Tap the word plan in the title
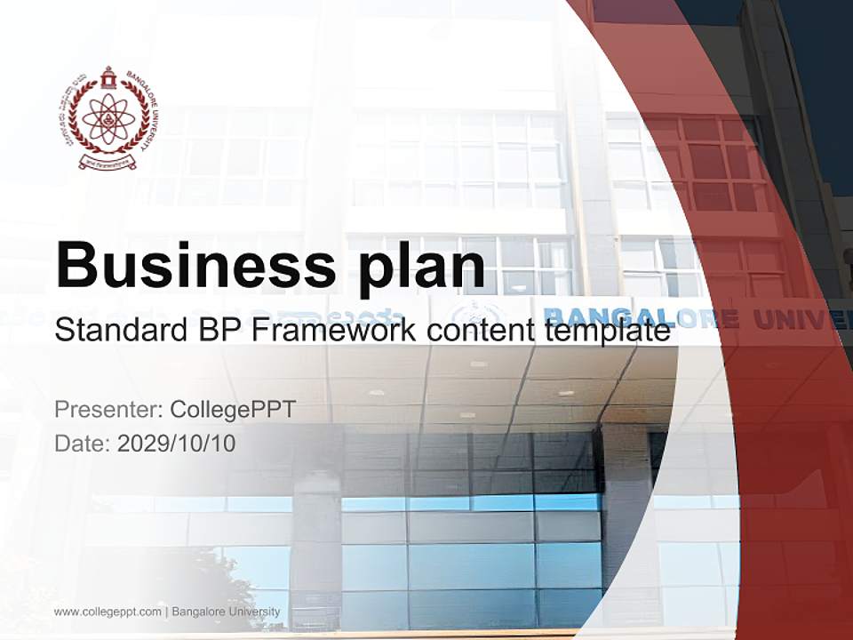[x=419, y=264]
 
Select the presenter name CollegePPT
[x=232, y=410]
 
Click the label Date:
[x=83, y=443]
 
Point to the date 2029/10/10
[x=177, y=443]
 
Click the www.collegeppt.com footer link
[x=108, y=612]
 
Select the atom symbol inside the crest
[x=106, y=119]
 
